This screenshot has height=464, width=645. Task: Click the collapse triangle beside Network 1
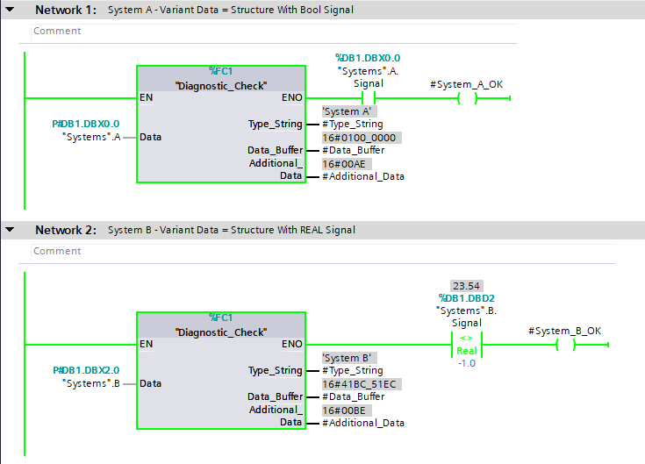tap(10, 10)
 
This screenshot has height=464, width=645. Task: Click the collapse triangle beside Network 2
tap(10, 230)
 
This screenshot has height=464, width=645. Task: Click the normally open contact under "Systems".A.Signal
tap(369, 98)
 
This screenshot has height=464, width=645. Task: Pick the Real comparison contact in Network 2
tap(465, 345)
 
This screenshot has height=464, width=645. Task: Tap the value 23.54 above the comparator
tap(465, 287)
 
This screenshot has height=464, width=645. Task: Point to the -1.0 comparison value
tap(465, 363)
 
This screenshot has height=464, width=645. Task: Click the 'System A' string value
tap(349, 111)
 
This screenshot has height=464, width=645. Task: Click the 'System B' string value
tap(349, 358)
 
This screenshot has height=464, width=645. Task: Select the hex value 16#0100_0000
tap(361, 138)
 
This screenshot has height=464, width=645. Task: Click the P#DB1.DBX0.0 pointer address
tap(86, 124)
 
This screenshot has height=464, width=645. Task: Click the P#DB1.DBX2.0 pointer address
tap(86, 370)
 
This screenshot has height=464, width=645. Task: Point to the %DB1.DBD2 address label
tap(465, 298)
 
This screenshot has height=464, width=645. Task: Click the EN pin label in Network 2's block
tap(147, 345)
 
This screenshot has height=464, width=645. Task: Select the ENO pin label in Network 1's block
tap(291, 98)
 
